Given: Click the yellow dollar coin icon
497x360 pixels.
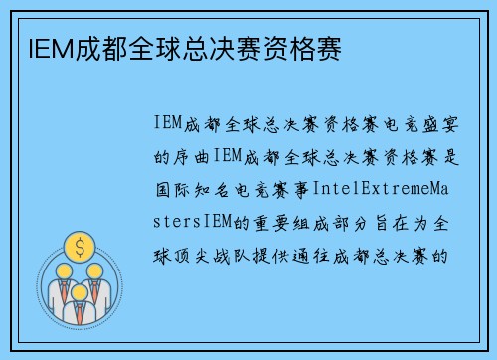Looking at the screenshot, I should click(x=78, y=243).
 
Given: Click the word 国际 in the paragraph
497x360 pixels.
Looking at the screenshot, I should click(x=167, y=189).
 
